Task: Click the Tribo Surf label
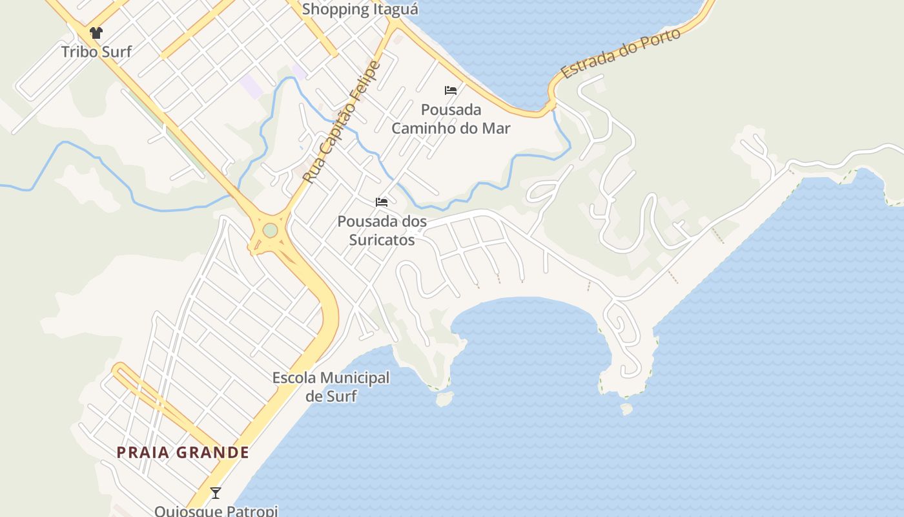click(96, 52)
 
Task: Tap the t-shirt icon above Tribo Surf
click(96, 33)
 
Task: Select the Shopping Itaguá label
click(360, 9)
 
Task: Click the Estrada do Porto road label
click(621, 54)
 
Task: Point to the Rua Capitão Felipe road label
click(342, 121)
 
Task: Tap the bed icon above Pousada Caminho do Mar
click(451, 90)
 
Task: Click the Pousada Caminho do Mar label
click(451, 119)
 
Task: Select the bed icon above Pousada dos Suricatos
click(382, 202)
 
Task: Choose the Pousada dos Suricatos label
click(382, 231)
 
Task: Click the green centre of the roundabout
click(270, 230)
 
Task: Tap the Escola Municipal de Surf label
click(331, 386)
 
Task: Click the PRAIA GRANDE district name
click(183, 452)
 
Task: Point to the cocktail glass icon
click(216, 493)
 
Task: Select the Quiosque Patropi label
click(216, 511)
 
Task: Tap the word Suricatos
click(382, 240)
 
